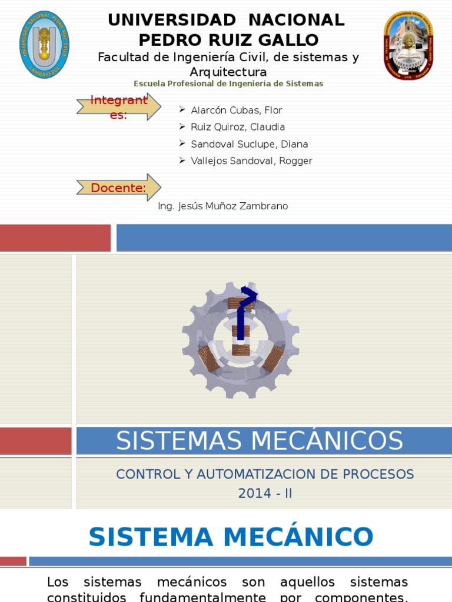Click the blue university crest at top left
coord(44,44)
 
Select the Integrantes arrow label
coord(118,107)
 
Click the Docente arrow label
coord(118,188)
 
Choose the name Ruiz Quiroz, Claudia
coord(238,127)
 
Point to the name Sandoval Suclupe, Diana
coord(250,144)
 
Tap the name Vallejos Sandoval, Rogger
coord(252,161)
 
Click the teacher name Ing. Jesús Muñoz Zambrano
coord(223,206)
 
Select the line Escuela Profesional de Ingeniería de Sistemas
coord(228,83)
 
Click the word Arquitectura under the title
coord(228,72)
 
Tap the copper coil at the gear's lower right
coord(273,358)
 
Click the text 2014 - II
coord(265,493)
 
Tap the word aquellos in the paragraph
coord(307,582)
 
